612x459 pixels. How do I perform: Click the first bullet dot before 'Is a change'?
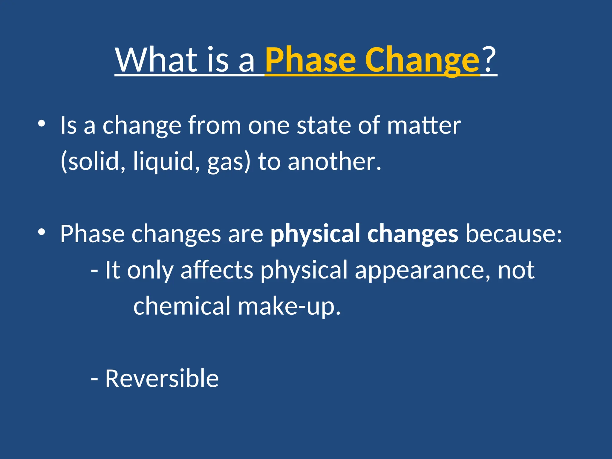tap(42, 123)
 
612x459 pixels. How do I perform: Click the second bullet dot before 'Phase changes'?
tap(42, 232)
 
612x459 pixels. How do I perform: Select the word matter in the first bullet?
tap(424, 126)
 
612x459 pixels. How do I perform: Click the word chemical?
tap(182, 306)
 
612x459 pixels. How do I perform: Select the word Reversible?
tap(162, 379)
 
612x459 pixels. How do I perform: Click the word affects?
tap(217, 270)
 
